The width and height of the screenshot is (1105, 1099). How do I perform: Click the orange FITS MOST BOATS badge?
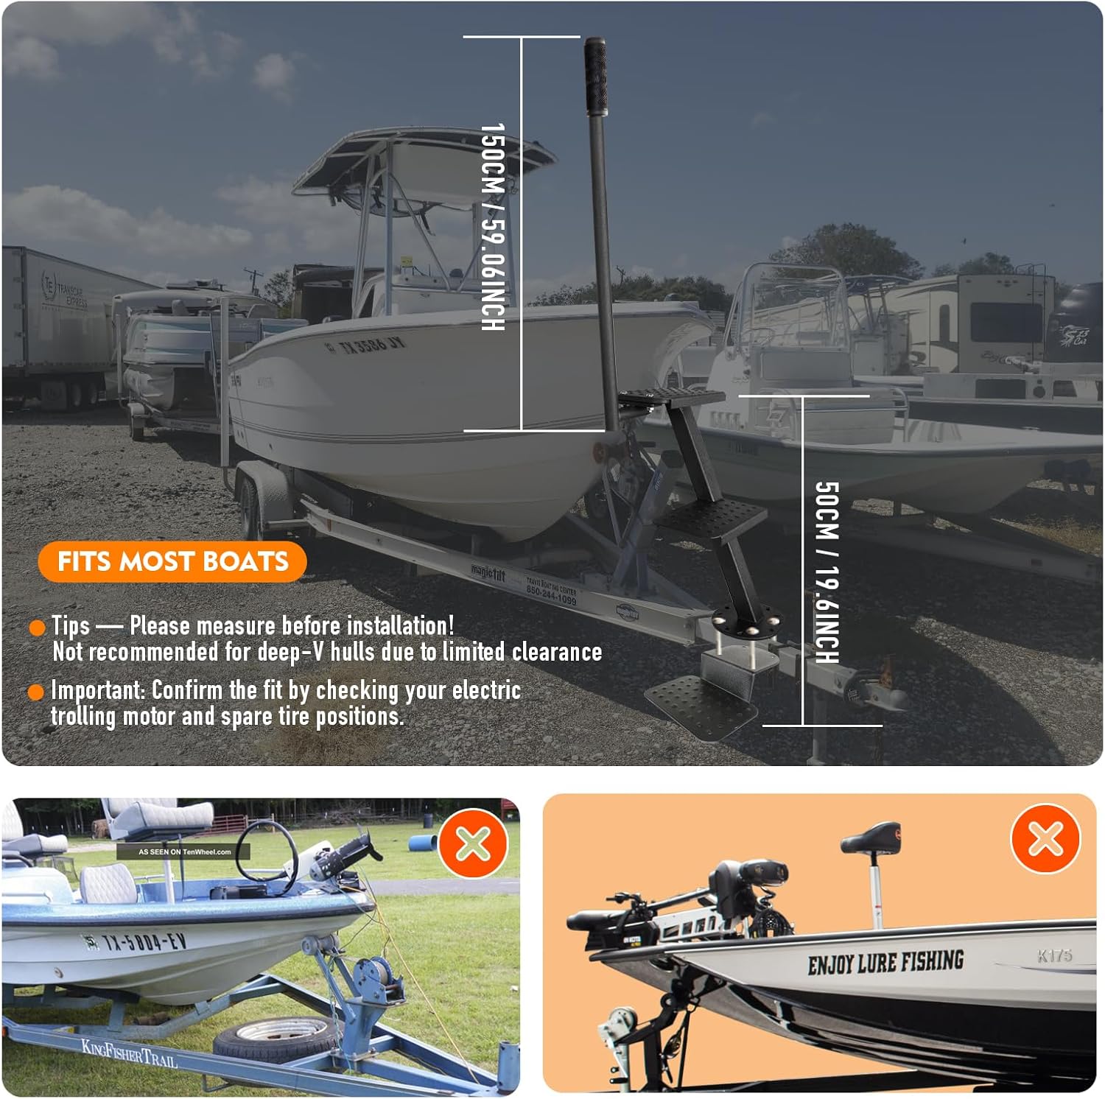tap(172, 562)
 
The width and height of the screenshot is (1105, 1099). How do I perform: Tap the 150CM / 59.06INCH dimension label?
tap(493, 227)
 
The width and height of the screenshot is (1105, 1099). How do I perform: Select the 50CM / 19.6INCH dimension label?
tap(827, 572)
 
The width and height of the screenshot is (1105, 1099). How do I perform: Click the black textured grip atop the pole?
tap(596, 76)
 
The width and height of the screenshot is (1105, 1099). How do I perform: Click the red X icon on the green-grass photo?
tap(473, 843)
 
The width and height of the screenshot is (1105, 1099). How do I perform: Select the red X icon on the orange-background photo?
tap(1045, 839)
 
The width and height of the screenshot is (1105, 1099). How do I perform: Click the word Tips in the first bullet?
tap(71, 626)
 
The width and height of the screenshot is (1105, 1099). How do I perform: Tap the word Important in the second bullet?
tap(98, 690)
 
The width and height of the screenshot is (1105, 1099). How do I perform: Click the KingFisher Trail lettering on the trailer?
tap(129, 1053)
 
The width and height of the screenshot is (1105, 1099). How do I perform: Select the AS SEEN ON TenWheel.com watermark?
tap(184, 852)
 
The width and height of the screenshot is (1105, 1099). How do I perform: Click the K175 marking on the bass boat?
tap(1054, 955)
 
